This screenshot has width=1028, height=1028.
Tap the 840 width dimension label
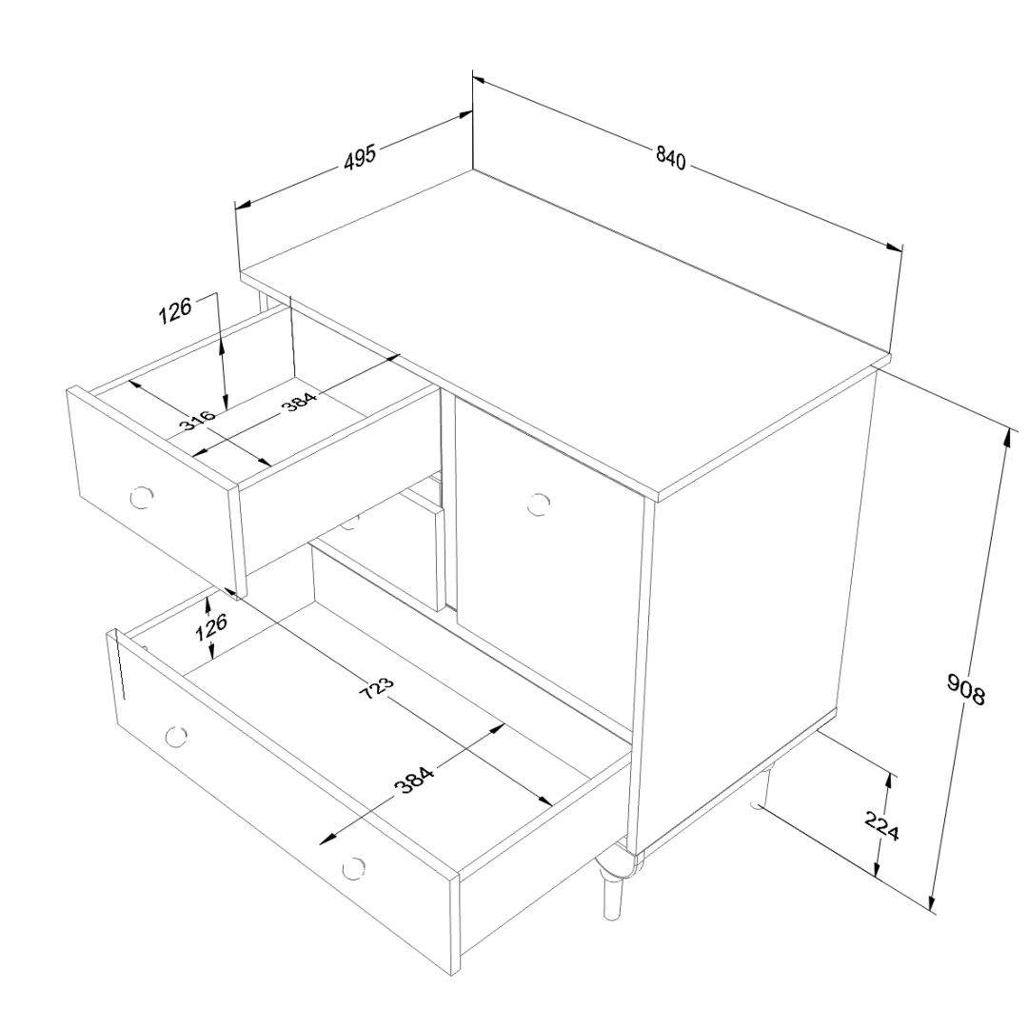coord(671,157)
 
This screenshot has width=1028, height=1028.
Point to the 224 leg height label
coord(881,826)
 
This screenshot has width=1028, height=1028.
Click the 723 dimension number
coord(378,688)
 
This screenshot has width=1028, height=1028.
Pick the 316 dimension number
coord(197,421)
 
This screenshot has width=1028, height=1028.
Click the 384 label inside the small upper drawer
coord(300,403)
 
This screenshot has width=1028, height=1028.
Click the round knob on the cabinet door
coord(538,504)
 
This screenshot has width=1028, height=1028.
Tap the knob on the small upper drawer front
coord(141,498)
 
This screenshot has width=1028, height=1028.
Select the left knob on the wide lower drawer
coord(176,737)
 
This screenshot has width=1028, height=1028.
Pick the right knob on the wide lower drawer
coord(353,867)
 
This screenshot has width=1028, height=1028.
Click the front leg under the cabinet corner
coord(611,888)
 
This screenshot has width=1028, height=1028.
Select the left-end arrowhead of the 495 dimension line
coord(244,205)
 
